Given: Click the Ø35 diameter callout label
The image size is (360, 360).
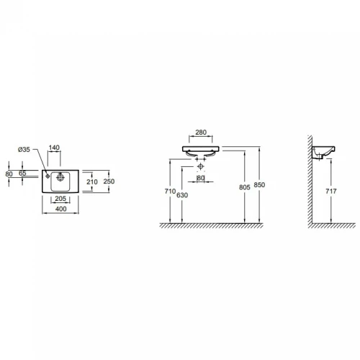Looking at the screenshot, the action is [x=24, y=150].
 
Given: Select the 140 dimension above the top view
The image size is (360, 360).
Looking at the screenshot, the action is [x=54, y=148].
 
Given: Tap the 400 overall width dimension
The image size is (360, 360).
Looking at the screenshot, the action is [x=61, y=209].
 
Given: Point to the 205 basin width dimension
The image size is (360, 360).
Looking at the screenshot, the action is [x=60, y=199].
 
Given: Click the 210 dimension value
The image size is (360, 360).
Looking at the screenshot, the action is [x=92, y=182].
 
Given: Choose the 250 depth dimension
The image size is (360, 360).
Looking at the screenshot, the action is [x=109, y=181].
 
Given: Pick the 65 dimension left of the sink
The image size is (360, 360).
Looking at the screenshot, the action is [x=22, y=173].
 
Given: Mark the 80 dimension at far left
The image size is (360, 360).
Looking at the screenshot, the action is [x=9, y=174].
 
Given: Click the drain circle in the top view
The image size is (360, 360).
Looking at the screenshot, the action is [x=60, y=177].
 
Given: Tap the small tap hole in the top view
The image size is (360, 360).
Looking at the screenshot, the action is [x=48, y=176].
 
